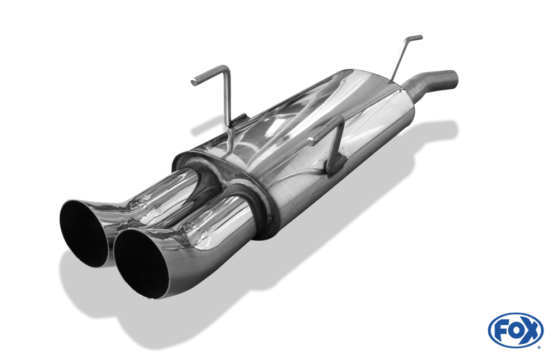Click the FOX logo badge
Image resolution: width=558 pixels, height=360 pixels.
click(x=515, y=330)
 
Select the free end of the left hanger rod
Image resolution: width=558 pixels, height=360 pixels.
click(x=194, y=82)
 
